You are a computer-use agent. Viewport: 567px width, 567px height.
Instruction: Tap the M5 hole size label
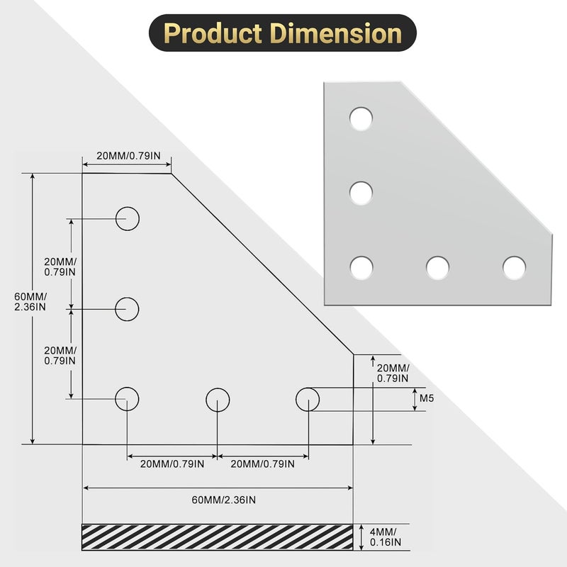[x=426, y=399]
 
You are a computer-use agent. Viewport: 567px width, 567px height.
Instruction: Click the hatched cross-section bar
[x=218, y=537]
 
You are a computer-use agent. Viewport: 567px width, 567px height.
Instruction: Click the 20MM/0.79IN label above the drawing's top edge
[x=125, y=156]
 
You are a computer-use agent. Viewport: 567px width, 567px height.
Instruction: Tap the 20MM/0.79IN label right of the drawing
[x=393, y=373]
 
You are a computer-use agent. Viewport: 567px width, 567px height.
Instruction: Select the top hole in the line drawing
[x=128, y=218]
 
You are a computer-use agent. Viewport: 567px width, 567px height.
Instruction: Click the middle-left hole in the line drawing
[x=128, y=309]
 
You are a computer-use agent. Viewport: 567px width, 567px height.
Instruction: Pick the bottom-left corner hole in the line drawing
[x=128, y=399]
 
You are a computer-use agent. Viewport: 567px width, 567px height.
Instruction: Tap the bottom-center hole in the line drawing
[x=218, y=399]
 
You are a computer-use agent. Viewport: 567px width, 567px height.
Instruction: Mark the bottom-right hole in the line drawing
[x=308, y=399]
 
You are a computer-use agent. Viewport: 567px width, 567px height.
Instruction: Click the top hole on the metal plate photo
[x=361, y=118]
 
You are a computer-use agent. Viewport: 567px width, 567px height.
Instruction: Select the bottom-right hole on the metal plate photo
[x=514, y=267]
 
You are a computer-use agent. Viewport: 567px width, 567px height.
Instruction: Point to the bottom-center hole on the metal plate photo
[x=437, y=267]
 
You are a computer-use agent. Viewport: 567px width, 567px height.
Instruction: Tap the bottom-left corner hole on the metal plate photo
[x=361, y=267]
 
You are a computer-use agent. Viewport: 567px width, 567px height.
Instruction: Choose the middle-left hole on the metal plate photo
[x=361, y=192]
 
